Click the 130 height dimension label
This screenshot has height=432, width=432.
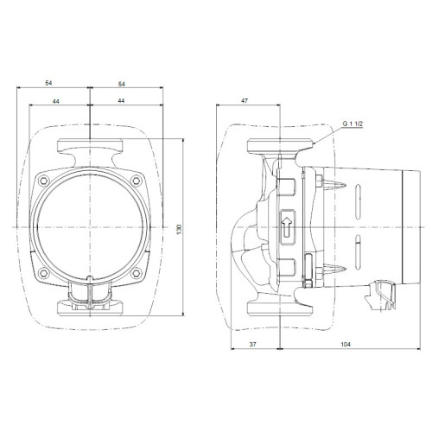tap(180, 229)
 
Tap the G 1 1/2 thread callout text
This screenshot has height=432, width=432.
tap(353, 124)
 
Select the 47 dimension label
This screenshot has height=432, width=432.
tap(245, 101)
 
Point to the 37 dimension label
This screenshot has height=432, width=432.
tap(252, 344)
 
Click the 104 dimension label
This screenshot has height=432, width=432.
tap(346, 344)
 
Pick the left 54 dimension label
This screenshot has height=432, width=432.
tap(48, 83)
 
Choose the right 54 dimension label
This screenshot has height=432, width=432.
tap(122, 84)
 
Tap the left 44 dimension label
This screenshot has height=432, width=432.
tap(56, 101)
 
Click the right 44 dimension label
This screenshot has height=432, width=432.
tap(122, 101)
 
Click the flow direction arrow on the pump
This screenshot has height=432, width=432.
tap(287, 227)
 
